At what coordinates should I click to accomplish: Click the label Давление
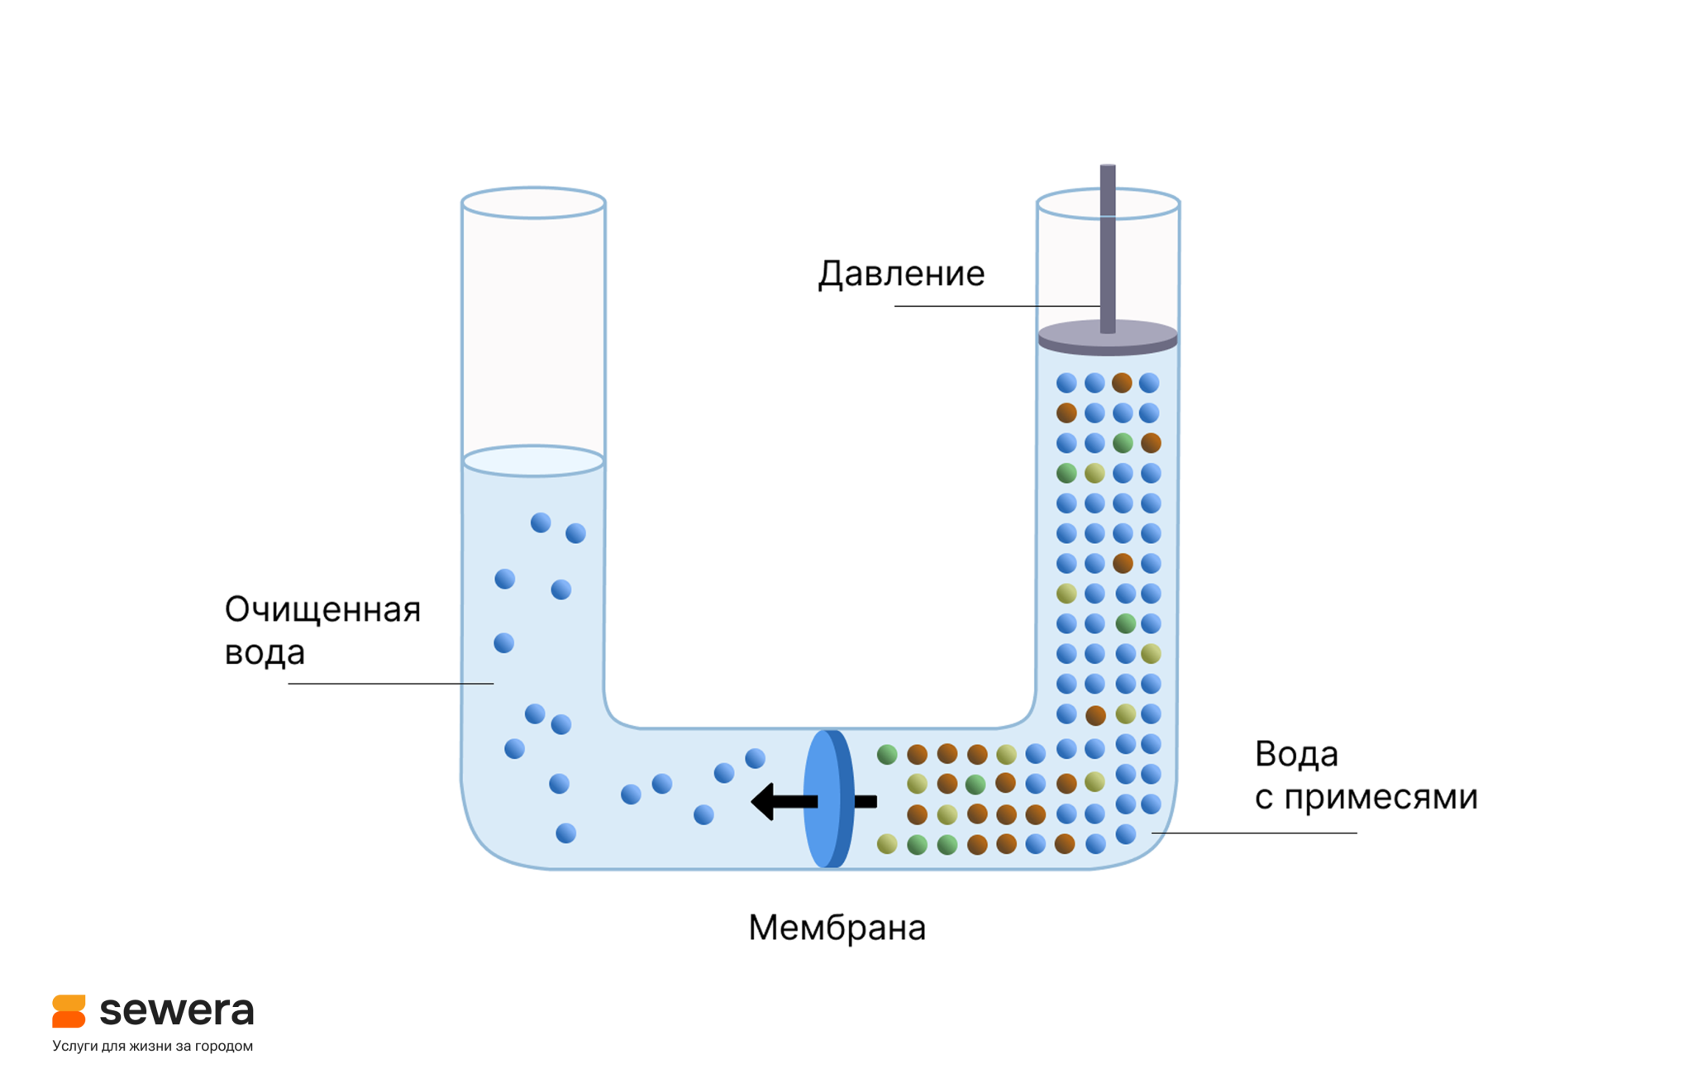(x=901, y=274)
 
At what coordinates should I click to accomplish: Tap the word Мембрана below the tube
(x=837, y=928)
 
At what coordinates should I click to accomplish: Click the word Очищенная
(x=322, y=610)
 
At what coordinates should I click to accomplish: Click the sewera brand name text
(x=176, y=1010)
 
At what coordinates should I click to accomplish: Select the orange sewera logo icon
(x=69, y=1011)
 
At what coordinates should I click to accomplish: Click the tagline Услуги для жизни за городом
(x=152, y=1046)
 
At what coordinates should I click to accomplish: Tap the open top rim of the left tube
(x=533, y=203)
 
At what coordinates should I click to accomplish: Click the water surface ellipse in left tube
(x=533, y=460)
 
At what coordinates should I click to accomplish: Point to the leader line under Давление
(x=992, y=306)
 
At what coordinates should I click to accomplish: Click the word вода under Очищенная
(x=265, y=653)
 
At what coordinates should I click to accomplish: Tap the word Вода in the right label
(x=1296, y=754)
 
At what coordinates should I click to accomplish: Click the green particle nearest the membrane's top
(x=887, y=754)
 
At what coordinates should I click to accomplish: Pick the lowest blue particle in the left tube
(x=565, y=833)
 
